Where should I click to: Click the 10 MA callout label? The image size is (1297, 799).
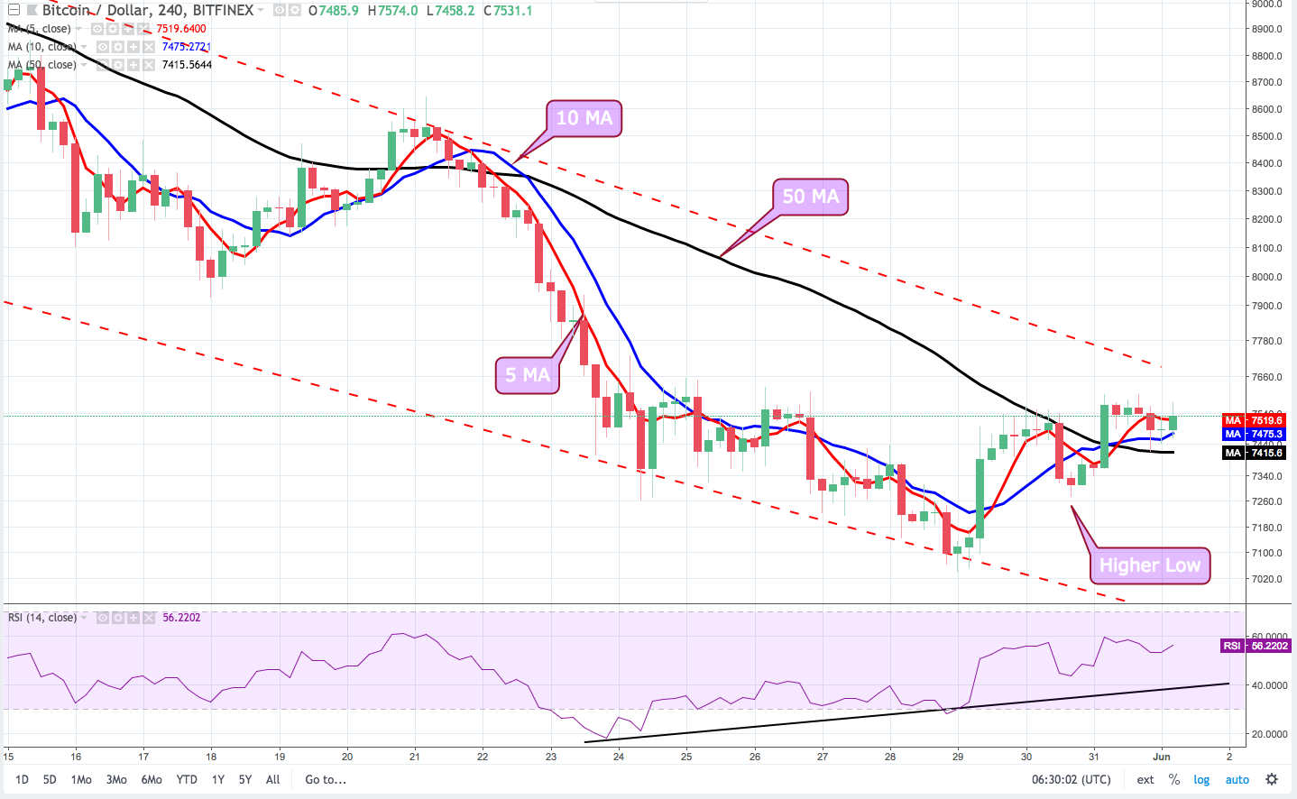tap(584, 118)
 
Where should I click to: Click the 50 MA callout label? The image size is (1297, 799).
tap(810, 197)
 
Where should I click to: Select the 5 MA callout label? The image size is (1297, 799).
tap(527, 375)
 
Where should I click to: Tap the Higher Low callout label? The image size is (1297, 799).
tap(1149, 565)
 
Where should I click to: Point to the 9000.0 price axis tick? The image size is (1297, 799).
tap(1266, 5)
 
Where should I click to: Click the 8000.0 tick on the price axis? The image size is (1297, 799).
tap(1266, 277)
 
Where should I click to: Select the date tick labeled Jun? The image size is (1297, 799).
tap(1161, 757)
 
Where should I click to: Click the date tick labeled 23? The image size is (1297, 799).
tap(551, 757)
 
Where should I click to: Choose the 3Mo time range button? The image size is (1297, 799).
tap(116, 779)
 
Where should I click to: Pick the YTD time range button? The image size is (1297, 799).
tap(187, 779)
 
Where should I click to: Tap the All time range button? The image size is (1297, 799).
tap(272, 779)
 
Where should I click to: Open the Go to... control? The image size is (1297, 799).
tap(326, 779)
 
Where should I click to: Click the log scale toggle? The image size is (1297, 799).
tap(1201, 779)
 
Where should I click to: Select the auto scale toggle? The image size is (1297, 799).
tap(1237, 779)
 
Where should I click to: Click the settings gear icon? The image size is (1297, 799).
tap(1272, 779)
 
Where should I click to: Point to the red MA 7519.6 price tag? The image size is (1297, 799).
tap(1254, 420)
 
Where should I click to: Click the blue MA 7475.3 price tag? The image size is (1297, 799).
tap(1254, 434)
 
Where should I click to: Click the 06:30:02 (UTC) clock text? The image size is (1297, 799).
tap(1072, 779)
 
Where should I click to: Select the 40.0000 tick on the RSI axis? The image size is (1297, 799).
tap(1269, 685)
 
